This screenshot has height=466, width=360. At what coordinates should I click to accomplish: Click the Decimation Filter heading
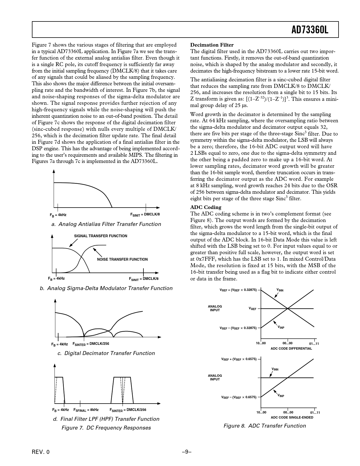(x=212, y=45)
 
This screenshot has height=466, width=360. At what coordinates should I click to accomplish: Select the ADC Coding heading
(x=206, y=207)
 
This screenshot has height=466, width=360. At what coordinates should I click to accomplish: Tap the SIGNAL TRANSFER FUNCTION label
(x=101, y=236)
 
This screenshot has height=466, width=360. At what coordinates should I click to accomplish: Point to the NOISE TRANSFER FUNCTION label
(x=122, y=259)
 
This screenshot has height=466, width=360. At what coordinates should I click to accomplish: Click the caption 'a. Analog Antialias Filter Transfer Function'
(x=106, y=224)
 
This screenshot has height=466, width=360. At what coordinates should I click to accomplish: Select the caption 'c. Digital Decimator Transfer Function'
(x=106, y=353)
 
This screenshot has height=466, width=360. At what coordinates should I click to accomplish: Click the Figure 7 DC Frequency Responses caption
(x=106, y=428)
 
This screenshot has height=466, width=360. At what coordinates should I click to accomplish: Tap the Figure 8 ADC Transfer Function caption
(x=265, y=426)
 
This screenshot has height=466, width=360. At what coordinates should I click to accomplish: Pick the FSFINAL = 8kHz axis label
(x=86, y=410)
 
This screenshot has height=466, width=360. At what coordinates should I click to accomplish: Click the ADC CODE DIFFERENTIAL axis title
(x=291, y=349)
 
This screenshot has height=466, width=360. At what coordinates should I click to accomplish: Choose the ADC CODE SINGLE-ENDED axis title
(x=292, y=417)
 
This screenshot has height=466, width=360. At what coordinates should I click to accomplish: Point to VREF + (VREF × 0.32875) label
(x=238, y=290)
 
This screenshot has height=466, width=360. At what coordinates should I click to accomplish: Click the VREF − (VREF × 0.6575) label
(x=239, y=397)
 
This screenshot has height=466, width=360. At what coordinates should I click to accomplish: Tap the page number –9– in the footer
(x=187, y=452)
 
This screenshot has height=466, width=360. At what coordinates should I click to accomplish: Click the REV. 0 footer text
(x=41, y=452)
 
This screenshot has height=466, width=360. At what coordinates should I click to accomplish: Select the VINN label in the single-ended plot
(x=275, y=369)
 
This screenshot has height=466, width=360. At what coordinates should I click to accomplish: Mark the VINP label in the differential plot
(x=281, y=328)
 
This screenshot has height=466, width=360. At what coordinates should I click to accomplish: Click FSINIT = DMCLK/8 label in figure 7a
(x=145, y=215)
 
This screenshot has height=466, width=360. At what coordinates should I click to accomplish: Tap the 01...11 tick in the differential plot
(x=314, y=344)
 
